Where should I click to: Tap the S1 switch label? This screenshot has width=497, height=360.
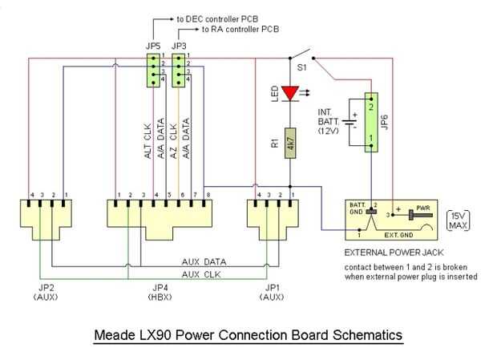tap(301, 70)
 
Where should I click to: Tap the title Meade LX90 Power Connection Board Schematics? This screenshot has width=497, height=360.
tap(248, 334)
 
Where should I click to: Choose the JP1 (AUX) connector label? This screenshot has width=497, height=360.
tap(273, 293)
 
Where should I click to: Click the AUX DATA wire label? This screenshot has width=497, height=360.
tap(204, 262)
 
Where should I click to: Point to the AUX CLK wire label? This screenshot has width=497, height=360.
tap(200, 273)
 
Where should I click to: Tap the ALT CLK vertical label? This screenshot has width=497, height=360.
tap(147, 142)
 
